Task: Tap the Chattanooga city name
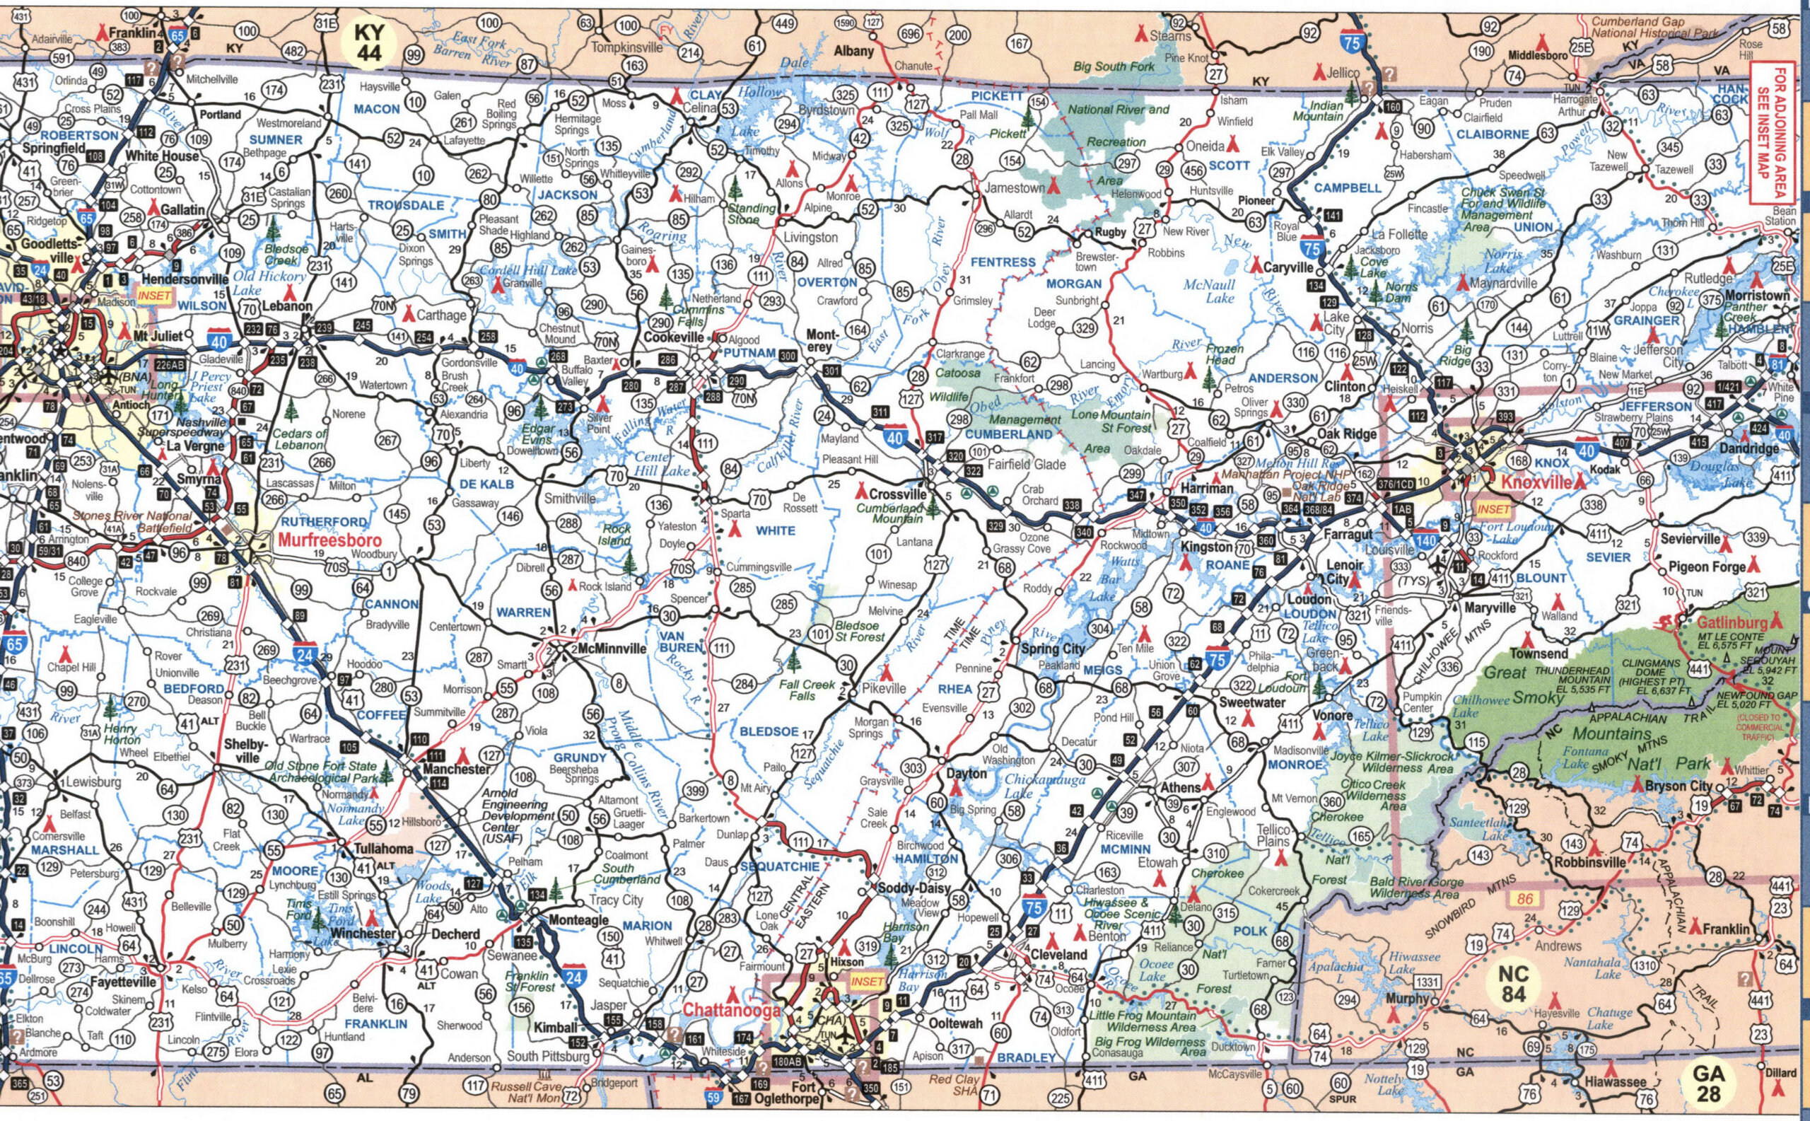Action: click(x=732, y=1010)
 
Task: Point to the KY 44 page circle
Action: click(x=368, y=42)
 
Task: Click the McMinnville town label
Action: click(x=612, y=648)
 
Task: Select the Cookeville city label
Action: click(x=673, y=337)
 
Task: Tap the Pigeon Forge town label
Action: click(x=1705, y=567)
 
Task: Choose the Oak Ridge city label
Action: click(x=1346, y=434)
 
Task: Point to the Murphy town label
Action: click(x=1406, y=998)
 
